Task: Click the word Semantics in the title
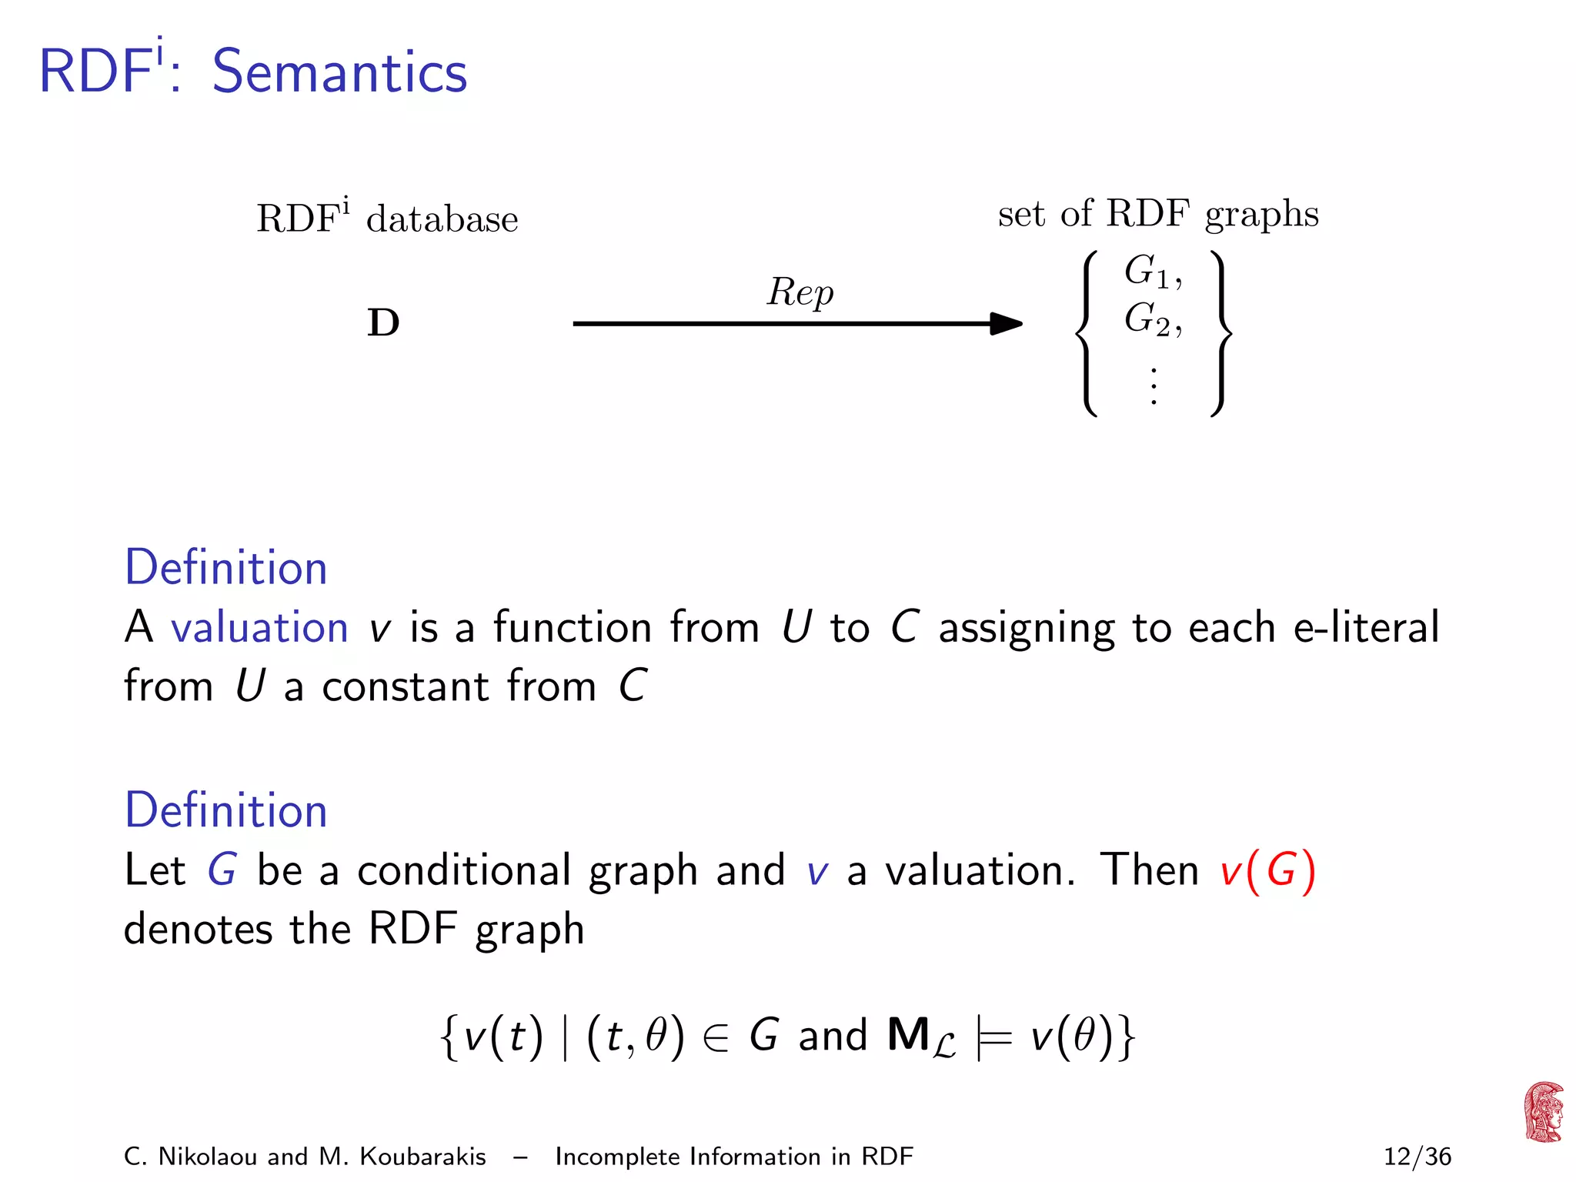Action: tap(339, 72)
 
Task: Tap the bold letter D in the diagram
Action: tap(383, 323)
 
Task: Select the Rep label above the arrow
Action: tap(800, 292)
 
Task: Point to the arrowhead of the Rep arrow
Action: tap(1006, 323)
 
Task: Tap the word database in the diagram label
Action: tap(442, 220)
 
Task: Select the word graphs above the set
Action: tap(1261, 214)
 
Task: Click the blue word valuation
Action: tap(259, 627)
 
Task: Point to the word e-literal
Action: tap(1366, 627)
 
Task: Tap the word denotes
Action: tap(198, 929)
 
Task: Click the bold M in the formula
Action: tap(908, 1035)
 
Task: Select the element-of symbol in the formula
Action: tap(716, 1037)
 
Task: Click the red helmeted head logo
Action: tap(1544, 1112)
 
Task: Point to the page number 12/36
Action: tap(1417, 1157)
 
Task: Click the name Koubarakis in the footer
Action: tap(422, 1157)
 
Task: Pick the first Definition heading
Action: tap(226, 568)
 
